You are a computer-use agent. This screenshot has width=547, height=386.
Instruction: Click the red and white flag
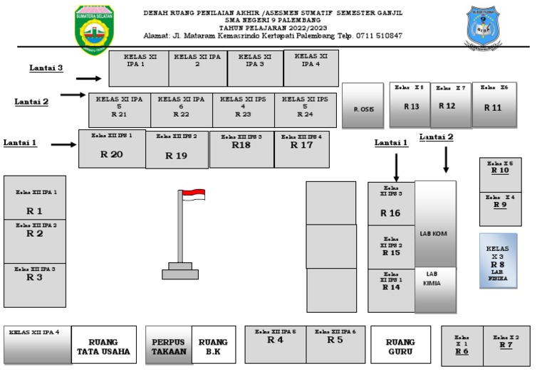193,194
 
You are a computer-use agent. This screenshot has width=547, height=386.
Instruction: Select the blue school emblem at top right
487,28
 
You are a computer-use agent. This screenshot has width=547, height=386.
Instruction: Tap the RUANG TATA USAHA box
103,346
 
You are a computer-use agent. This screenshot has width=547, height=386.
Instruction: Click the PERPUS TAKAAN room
169,346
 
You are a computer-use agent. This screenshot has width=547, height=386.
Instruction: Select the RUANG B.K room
214,346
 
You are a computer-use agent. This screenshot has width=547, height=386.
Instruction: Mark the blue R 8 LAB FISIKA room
498,260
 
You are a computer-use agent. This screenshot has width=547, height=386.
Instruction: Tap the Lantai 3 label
46,68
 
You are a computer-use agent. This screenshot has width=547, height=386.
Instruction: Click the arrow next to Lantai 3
89,79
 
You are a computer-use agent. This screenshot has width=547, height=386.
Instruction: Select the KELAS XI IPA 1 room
138,68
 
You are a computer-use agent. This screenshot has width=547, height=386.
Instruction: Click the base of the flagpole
179,272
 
